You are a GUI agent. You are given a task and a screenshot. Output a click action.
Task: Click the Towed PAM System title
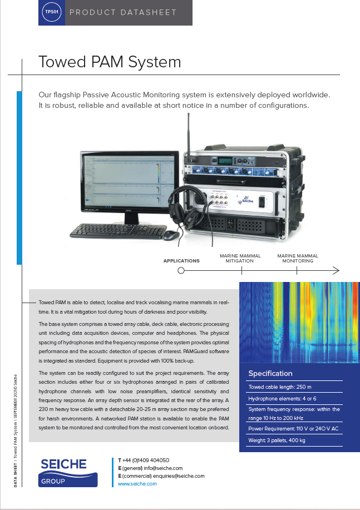[110, 61]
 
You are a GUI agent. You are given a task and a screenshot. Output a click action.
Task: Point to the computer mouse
[171, 235]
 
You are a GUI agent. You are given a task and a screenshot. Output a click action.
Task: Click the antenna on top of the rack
[189, 133]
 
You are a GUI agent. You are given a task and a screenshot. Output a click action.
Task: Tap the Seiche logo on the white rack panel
[245, 201]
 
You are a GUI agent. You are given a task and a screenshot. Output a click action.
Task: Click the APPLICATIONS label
[181, 260]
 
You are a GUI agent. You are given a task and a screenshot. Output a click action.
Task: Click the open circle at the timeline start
[181, 271]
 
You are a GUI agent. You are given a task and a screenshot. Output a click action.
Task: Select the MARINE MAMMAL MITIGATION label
[240, 258]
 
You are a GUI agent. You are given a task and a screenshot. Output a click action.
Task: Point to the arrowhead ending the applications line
[336, 271]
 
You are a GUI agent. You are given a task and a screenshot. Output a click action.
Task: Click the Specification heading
[270, 373]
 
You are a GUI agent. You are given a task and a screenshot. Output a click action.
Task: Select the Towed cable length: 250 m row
[280, 387]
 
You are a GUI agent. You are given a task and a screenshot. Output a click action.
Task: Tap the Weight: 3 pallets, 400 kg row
[277, 440]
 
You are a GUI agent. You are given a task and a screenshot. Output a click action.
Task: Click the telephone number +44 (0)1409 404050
[146, 461]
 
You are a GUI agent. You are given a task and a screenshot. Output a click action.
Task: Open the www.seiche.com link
[137, 484]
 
